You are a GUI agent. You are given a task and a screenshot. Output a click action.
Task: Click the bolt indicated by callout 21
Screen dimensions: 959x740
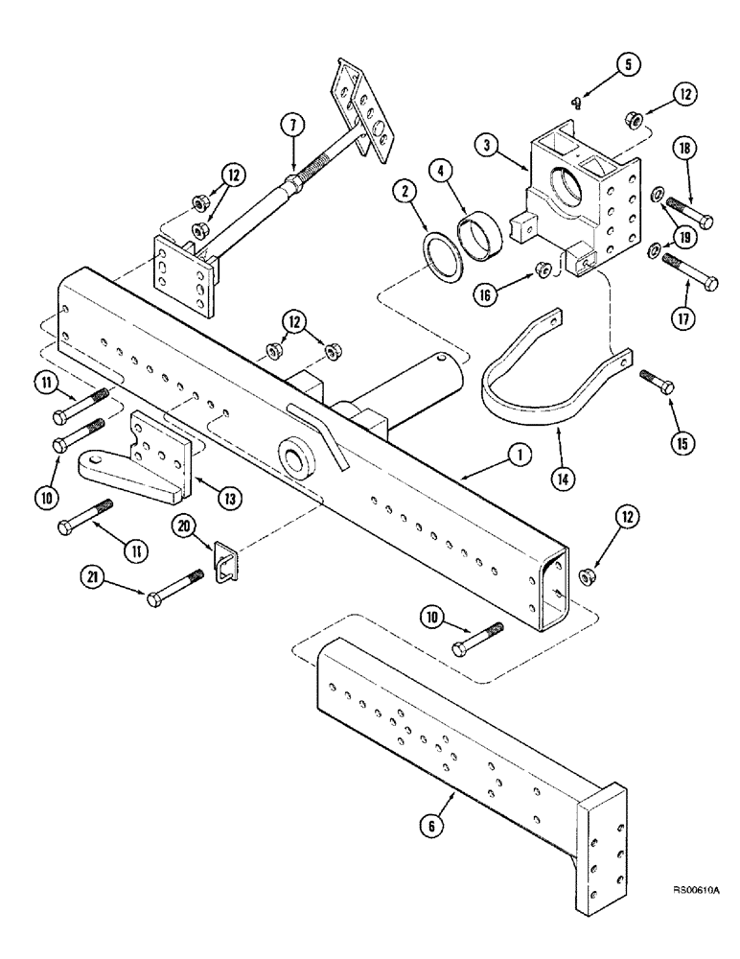click(x=176, y=587)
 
